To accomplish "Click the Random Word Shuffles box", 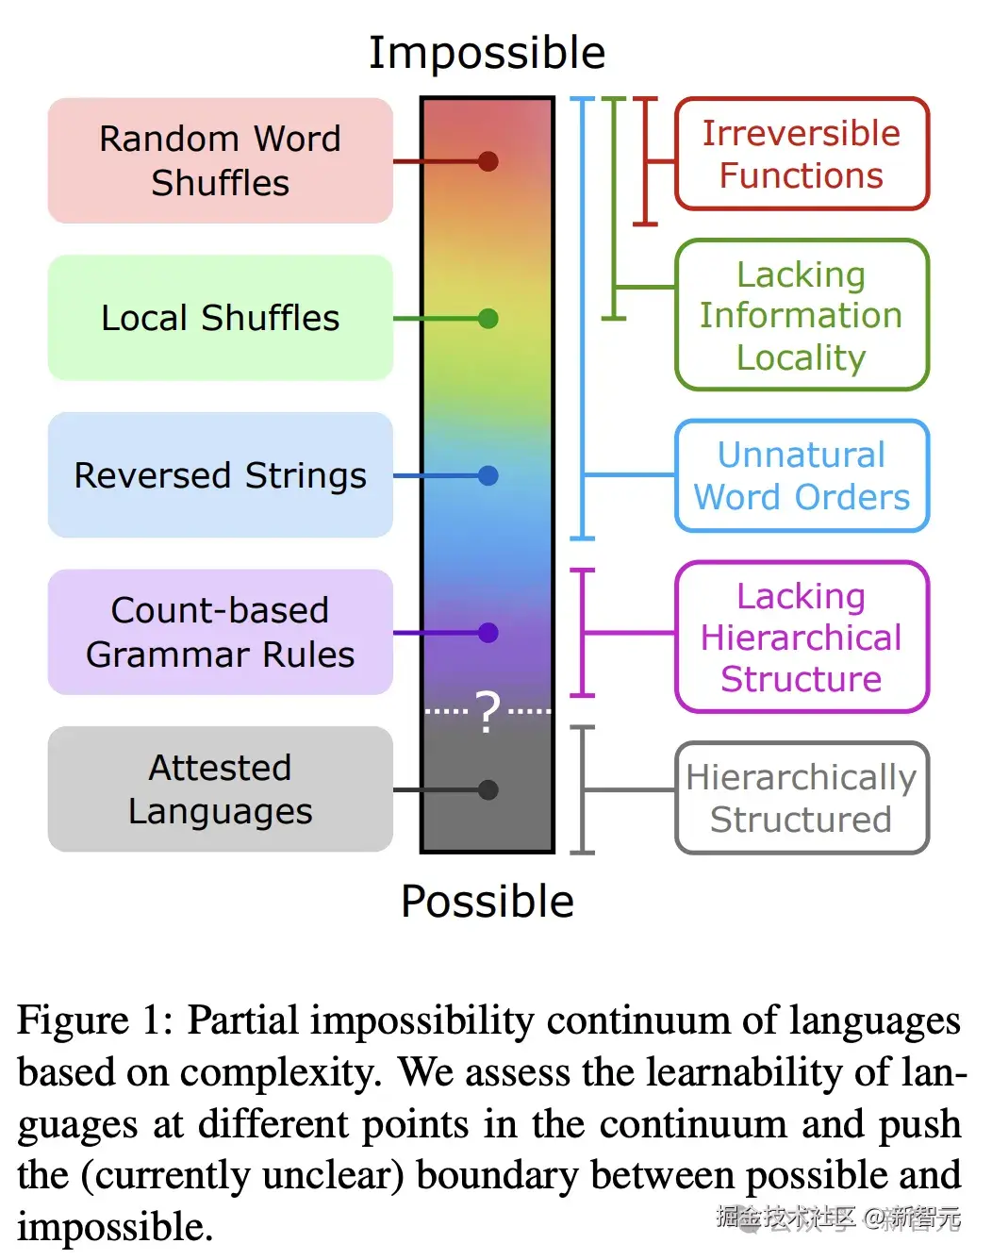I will (220, 160).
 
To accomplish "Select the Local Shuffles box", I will (220, 318).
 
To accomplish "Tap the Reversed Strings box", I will (220, 475).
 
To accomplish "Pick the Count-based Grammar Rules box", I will (220, 632).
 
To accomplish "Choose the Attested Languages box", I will (220, 789).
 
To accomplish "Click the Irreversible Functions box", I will (802, 154).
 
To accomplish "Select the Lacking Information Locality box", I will (802, 315).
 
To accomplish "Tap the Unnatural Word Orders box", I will (802, 475).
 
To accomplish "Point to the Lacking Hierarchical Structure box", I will (802, 637).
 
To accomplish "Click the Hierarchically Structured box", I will (802, 798).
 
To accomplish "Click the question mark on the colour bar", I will (488, 712).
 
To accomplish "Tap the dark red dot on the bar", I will (488, 161).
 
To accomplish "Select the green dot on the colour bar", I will (488, 319).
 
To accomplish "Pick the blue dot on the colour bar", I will (488, 475).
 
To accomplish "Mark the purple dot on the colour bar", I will (488, 633).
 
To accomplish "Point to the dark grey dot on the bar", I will (488, 790).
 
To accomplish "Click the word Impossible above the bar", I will (487, 53).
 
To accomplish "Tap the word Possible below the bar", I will (487, 902).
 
